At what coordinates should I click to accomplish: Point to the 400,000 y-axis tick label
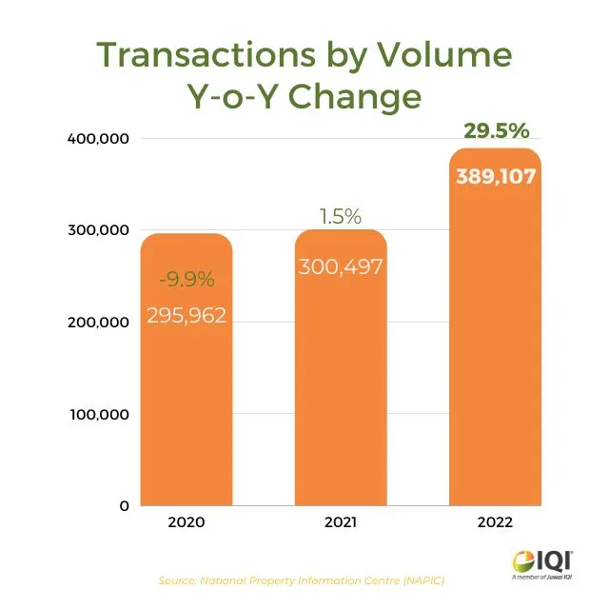[97, 139]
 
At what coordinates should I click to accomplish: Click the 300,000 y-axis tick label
[97, 230]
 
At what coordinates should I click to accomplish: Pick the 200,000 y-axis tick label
[97, 323]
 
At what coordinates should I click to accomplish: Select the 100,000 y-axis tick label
[97, 415]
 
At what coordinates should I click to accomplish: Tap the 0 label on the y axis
[123, 506]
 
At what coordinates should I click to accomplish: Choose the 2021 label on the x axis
[340, 523]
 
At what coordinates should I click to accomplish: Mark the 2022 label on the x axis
[495, 523]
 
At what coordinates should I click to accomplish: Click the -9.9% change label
[187, 280]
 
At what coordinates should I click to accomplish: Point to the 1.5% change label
[340, 217]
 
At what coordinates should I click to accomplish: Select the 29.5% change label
[496, 131]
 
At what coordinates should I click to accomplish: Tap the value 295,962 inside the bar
[187, 316]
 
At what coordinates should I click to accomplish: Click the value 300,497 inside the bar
[340, 266]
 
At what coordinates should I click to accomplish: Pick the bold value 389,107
[495, 176]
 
